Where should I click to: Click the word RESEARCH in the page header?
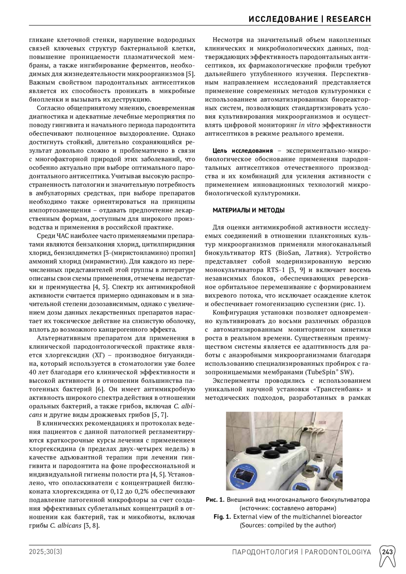coord(349,19)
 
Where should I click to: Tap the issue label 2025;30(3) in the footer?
coord(46,552)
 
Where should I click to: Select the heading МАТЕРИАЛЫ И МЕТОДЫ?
coord(248,210)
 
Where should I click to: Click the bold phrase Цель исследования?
coord(242,151)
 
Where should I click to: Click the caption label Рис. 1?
coord(215,500)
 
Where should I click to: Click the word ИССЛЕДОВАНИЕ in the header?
coord(283,19)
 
